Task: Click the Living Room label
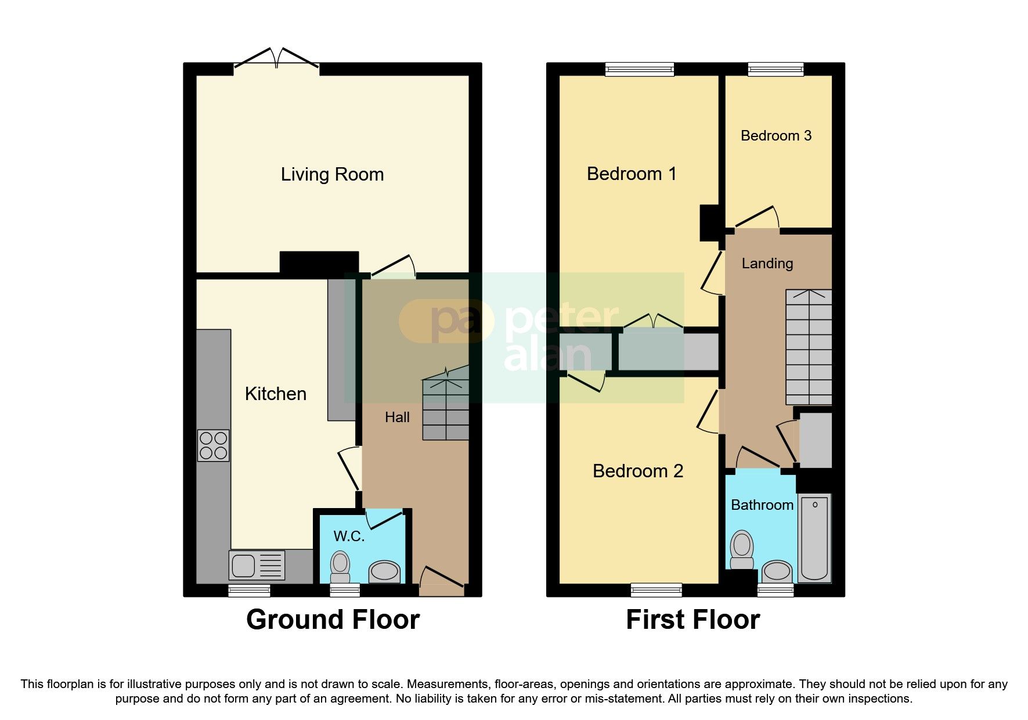tap(332, 174)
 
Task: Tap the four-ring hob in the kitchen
tap(213, 445)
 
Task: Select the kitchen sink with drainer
tap(257, 565)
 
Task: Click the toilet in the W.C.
tap(340, 566)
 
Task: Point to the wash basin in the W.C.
tap(385, 571)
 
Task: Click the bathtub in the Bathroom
tap(814, 537)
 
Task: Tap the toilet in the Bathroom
tap(742, 549)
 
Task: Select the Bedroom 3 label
tap(775, 136)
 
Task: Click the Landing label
tap(767, 264)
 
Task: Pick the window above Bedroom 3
tap(775, 70)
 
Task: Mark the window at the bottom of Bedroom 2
tap(656, 590)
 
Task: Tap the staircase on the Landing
tap(809, 347)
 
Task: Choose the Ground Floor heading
tap(333, 620)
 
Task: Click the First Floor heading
tap(692, 620)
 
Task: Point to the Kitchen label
tap(275, 394)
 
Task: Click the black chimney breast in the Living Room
tap(319, 262)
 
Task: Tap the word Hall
tap(397, 417)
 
